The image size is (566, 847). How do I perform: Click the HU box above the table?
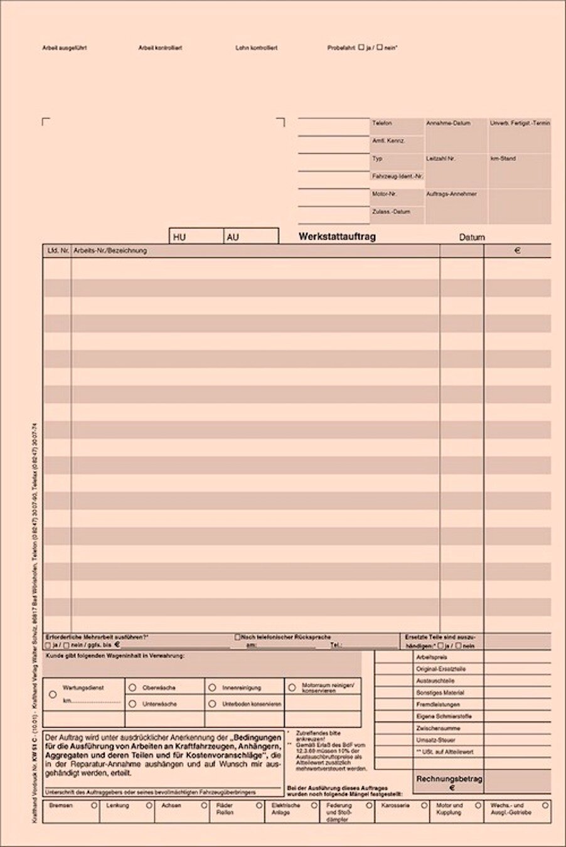[196, 237]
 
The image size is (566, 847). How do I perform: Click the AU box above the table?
[251, 237]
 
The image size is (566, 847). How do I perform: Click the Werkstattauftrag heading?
[337, 237]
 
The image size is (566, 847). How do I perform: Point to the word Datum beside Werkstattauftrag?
[472, 238]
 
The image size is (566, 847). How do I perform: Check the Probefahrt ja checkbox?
[361, 48]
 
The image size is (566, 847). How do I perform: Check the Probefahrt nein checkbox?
[379, 48]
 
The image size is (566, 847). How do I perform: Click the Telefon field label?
[382, 124]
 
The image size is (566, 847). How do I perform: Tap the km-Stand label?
[503, 159]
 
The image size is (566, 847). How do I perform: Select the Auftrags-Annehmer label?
[451, 194]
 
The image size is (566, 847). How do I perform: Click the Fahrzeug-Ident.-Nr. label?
[397, 176]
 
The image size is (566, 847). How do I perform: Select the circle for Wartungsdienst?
[53, 695]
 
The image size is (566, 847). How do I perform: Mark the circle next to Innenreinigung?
[213, 688]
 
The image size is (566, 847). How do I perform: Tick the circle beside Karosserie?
[424, 805]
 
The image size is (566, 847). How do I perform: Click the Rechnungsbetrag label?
[449, 779]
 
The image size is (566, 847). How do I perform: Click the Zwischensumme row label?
[438, 728]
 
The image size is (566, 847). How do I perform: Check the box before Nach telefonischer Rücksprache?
[237, 637]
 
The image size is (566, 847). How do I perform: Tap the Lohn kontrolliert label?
[256, 48]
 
